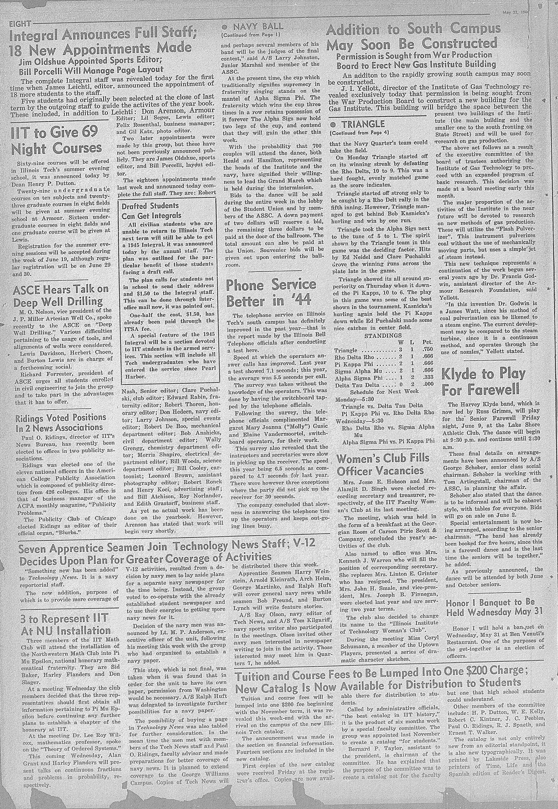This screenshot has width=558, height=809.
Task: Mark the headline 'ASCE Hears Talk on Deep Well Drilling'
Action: tap(60, 295)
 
